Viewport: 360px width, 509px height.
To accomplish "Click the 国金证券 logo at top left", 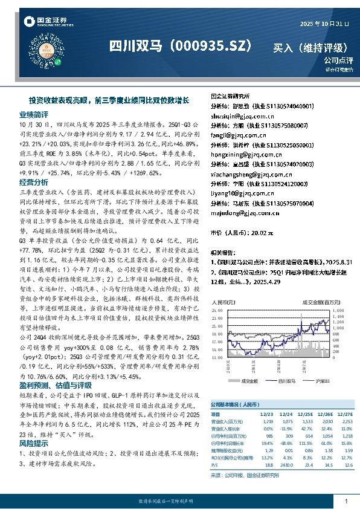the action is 46,22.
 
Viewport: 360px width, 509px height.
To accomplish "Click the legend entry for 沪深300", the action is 322,381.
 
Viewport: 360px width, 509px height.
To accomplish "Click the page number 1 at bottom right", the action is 346,502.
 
